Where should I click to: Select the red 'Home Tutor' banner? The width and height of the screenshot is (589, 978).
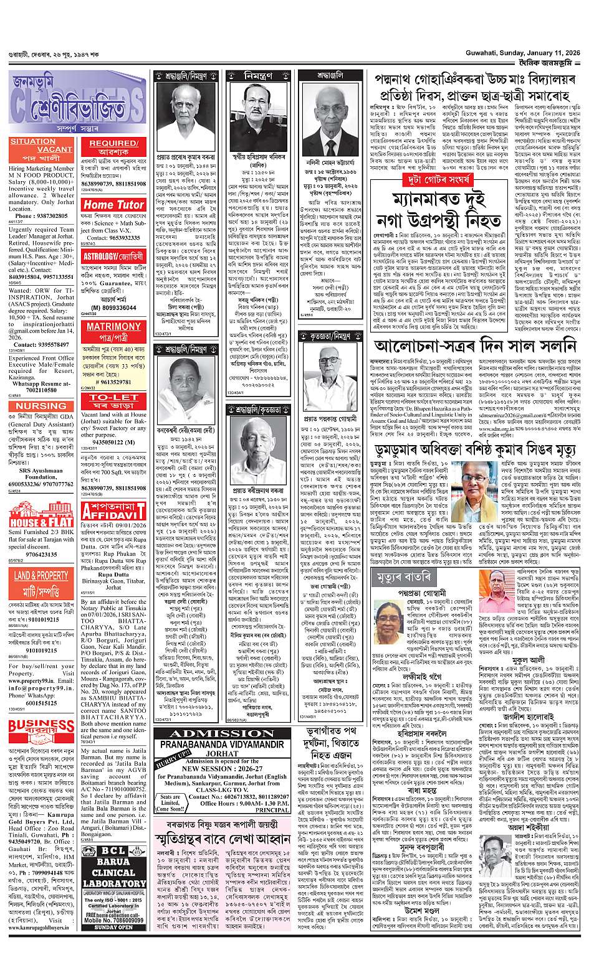point(114,204)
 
